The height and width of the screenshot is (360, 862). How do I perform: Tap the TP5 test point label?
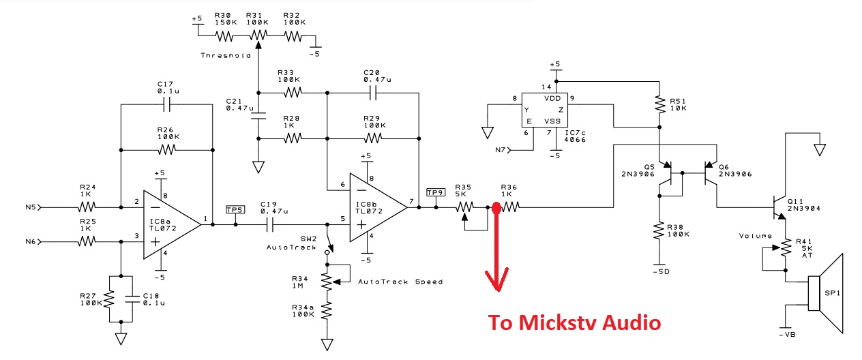coord(235,209)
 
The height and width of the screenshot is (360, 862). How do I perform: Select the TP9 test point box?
coord(436,192)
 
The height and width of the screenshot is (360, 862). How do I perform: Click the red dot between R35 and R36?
coord(496,208)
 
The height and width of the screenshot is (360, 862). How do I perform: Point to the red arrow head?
coord(496,280)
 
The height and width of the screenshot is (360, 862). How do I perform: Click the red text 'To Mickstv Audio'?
coord(574,322)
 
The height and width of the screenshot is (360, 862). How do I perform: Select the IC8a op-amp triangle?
coord(172,224)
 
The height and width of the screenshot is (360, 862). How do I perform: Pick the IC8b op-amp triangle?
coord(378,208)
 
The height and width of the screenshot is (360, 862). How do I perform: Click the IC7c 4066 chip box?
coord(544,110)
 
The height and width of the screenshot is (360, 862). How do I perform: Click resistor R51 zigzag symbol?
coord(659,104)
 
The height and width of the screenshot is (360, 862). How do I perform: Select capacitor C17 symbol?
coord(166,104)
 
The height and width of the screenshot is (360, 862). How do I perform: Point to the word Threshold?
coord(226,55)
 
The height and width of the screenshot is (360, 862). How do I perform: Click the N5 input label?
coord(31,207)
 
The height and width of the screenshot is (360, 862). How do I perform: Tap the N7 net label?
coord(501,150)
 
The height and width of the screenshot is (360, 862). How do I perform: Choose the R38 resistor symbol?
coord(659,230)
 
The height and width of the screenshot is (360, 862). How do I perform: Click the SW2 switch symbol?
coord(328,244)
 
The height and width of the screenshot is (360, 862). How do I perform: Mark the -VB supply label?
coord(787,335)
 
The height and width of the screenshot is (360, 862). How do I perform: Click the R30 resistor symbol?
coord(224,36)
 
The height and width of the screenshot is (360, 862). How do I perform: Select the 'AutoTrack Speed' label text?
coord(400,282)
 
